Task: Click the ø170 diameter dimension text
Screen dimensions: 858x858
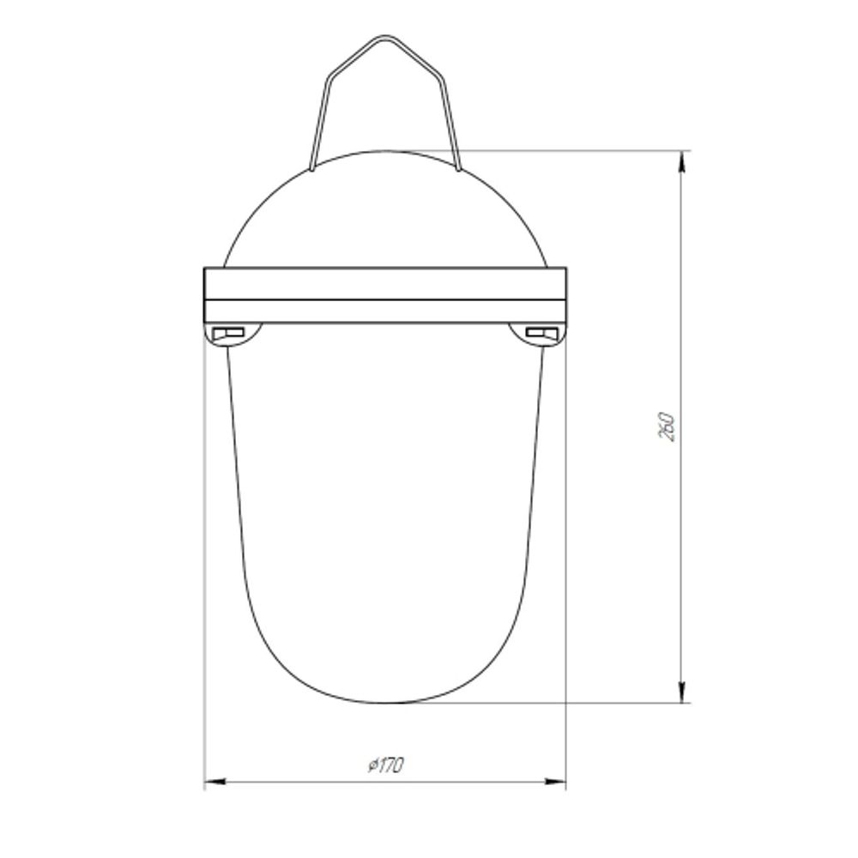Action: [x=386, y=765]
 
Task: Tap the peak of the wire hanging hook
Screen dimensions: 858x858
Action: [x=385, y=37]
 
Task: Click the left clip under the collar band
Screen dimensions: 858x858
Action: [x=233, y=334]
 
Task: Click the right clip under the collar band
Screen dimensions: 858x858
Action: [x=537, y=334]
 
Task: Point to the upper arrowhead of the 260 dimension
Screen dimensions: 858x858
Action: [x=682, y=160]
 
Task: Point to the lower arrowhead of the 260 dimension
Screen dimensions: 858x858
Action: [x=682, y=692]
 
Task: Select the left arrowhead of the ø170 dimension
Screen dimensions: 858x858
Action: [x=215, y=782]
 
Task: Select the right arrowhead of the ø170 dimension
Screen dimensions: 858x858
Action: [x=555, y=782]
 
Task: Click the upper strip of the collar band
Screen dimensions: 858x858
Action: [x=386, y=284]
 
